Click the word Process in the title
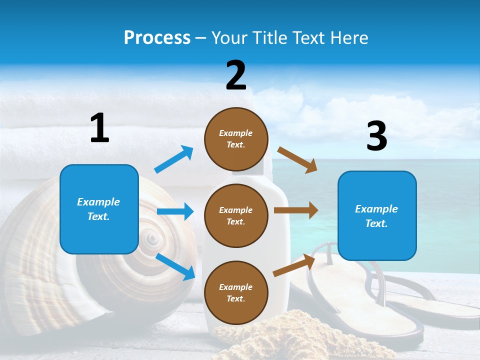(x=157, y=38)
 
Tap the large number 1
(x=99, y=127)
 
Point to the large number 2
(x=236, y=75)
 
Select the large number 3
(x=376, y=136)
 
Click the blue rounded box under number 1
(x=99, y=209)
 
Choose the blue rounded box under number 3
(x=377, y=216)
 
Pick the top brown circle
(x=236, y=139)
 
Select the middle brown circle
(x=236, y=215)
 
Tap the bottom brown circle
(x=236, y=292)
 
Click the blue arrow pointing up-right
(x=174, y=159)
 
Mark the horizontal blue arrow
(x=175, y=211)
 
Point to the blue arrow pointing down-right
(x=175, y=266)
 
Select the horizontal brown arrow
(x=296, y=210)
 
